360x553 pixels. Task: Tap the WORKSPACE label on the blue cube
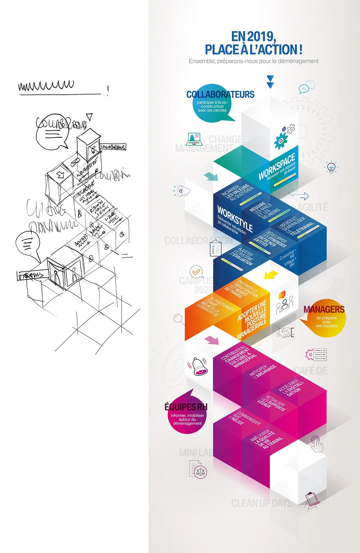[x=277, y=167]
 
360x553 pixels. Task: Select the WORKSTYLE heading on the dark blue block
[x=235, y=219]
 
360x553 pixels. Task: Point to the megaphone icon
[x=183, y=191]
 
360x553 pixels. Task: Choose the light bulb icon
[x=331, y=167]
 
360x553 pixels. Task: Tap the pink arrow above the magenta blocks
[x=212, y=340]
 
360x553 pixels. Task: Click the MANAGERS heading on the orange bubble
[x=324, y=309]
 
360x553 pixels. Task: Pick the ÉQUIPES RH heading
[x=186, y=407]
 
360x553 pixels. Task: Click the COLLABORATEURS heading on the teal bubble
[x=220, y=95]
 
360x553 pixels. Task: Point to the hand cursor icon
[x=317, y=444]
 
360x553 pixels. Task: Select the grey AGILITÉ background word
[x=313, y=207]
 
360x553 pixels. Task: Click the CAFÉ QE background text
[x=310, y=371]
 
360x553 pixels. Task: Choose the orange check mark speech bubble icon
[x=196, y=272]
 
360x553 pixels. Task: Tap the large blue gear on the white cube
[x=281, y=141]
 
